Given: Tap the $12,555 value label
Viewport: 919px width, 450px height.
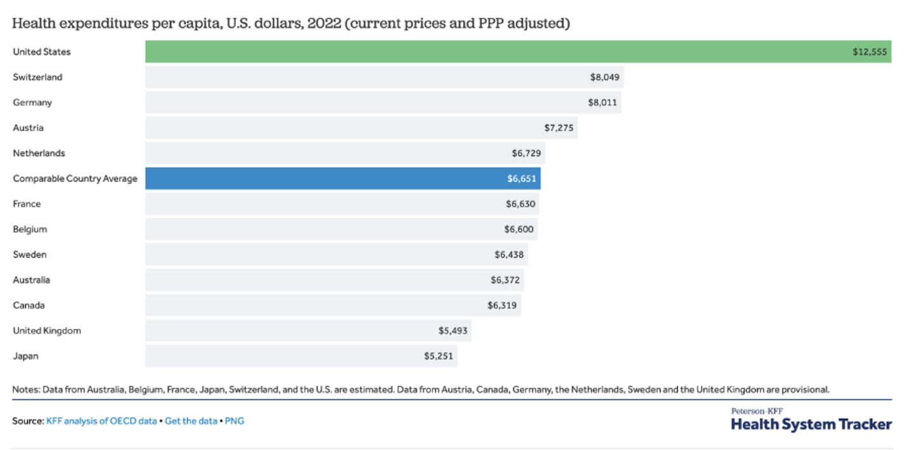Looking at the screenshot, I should pos(870,52).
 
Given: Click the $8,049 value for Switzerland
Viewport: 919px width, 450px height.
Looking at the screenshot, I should pos(604,77).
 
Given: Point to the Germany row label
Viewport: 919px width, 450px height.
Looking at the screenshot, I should pos(32,103).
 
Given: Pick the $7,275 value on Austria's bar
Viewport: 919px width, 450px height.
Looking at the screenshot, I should pos(558,128).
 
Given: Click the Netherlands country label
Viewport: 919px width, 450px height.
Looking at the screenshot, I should pos(39,153).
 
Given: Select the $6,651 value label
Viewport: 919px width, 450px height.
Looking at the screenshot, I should pos(521,179).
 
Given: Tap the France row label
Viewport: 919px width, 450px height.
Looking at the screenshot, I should pos(27,204).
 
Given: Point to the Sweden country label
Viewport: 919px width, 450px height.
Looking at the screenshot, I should pos(30,255).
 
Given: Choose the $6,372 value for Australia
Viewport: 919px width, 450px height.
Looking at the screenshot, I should pos(505,280).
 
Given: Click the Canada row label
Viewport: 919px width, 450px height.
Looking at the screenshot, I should pos(29,305).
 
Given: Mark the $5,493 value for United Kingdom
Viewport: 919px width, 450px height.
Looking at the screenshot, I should pos(453,331).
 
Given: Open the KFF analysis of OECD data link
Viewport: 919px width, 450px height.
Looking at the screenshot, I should pos(101,421).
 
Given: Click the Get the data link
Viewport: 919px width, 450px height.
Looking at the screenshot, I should pos(191,421).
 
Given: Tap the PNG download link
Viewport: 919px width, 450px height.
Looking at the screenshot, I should pos(235,421).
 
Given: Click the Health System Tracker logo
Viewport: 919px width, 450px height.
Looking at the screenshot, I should pos(811,420).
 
